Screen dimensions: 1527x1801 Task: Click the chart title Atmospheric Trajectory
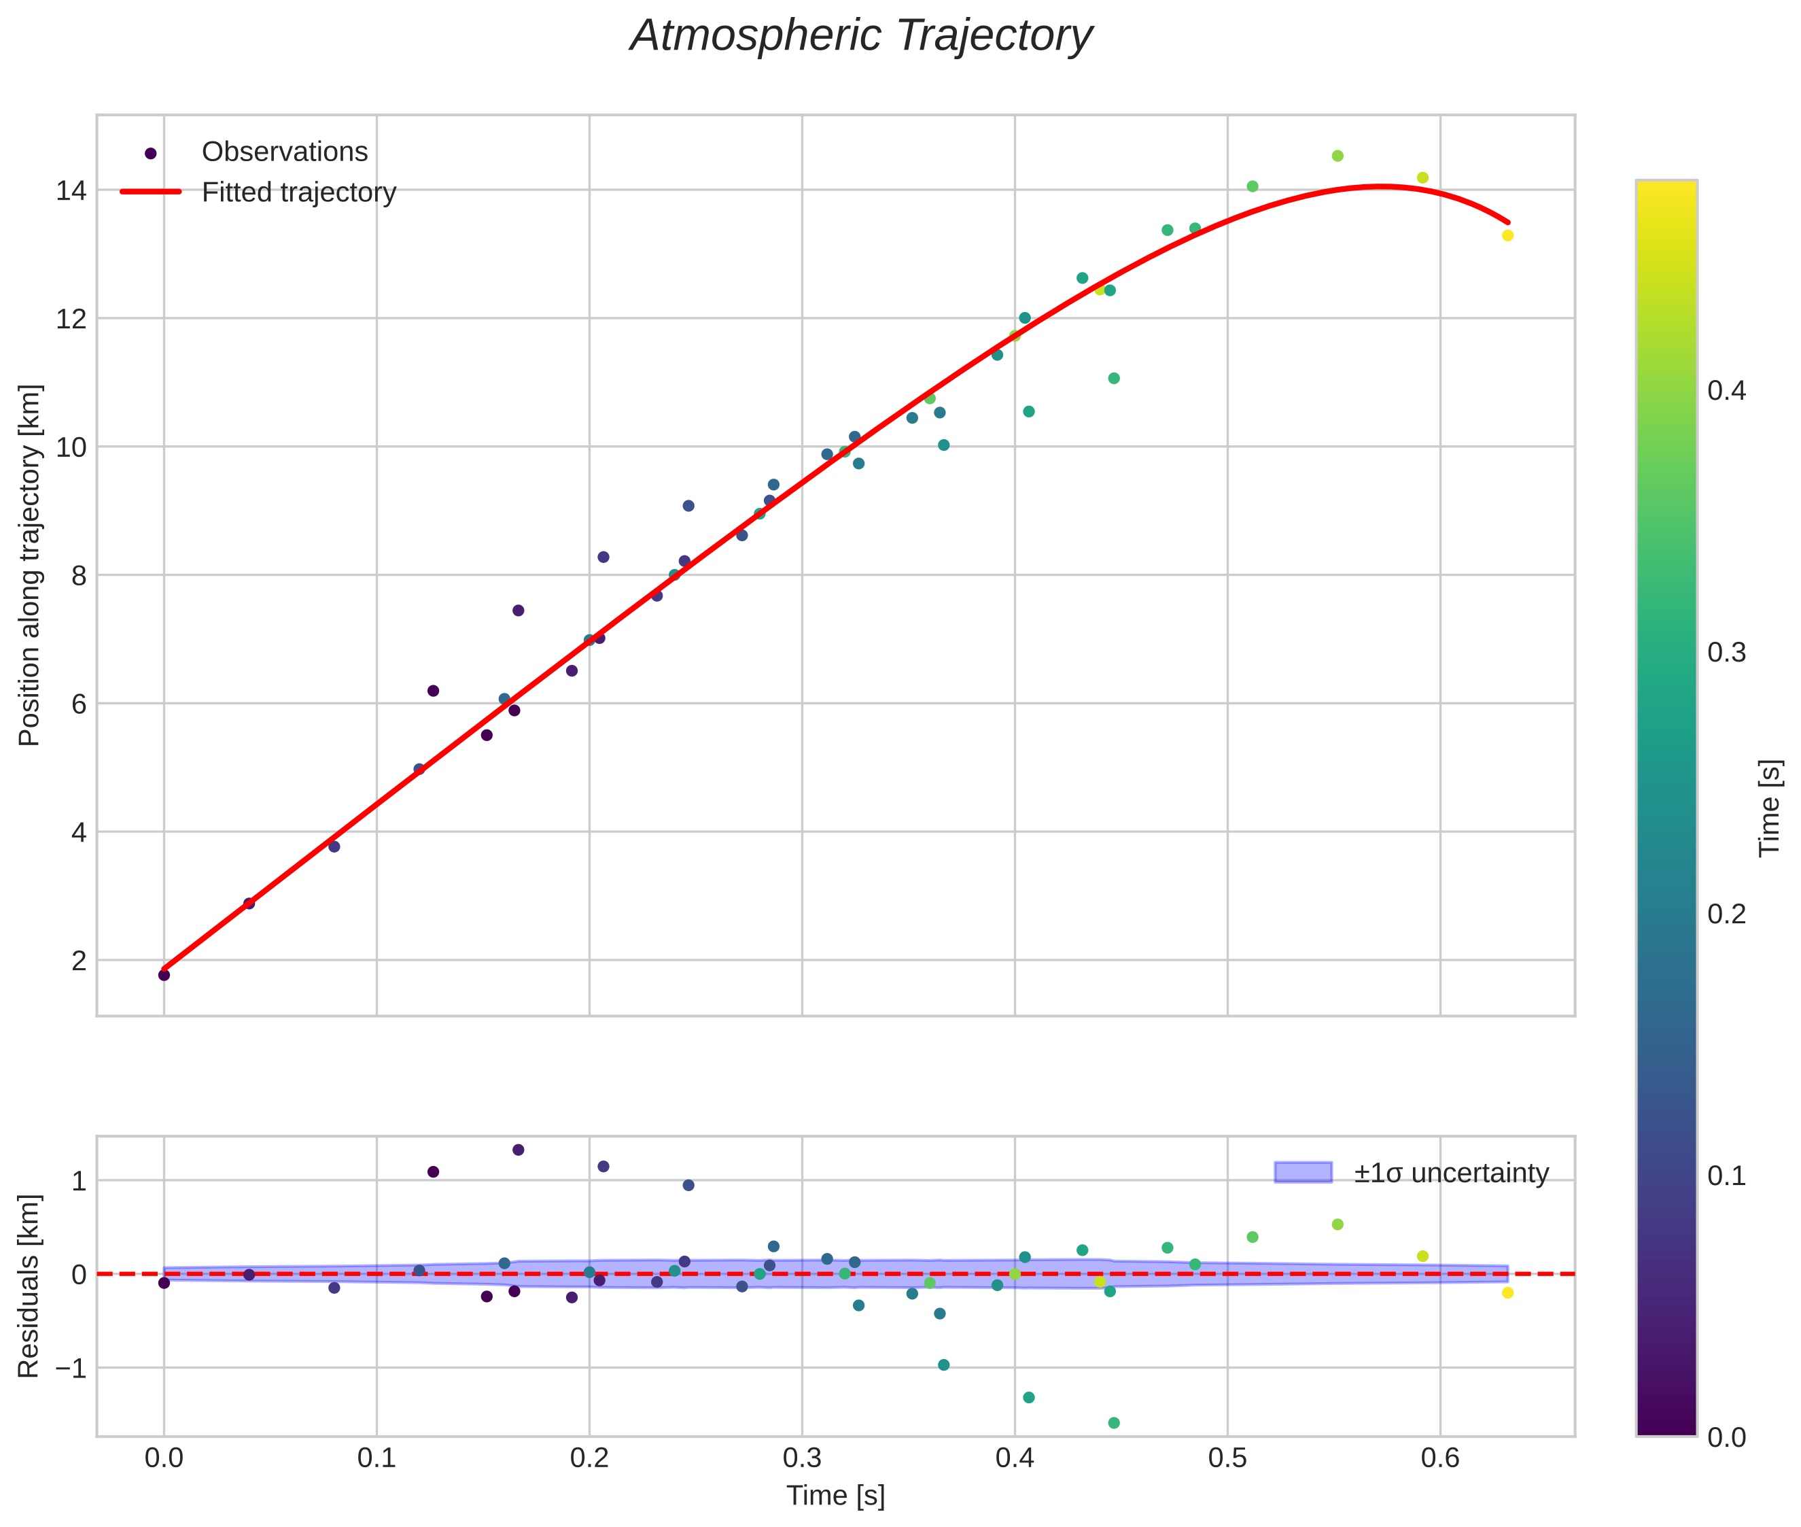click(861, 36)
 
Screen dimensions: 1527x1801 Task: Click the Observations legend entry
click(284, 152)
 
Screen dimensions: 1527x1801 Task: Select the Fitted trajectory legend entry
click(298, 192)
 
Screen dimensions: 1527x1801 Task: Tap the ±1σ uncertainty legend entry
click(1450, 1173)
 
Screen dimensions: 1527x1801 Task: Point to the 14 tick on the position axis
click(72, 190)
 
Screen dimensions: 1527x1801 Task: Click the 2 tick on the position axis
click(80, 961)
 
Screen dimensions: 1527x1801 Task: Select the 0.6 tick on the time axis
click(1439, 1458)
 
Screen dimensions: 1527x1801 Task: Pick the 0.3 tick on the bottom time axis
click(801, 1458)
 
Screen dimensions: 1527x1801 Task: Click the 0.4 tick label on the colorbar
click(1726, 390)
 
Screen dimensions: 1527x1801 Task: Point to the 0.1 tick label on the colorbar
click(1726, 1176)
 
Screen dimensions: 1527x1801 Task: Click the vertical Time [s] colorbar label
click(1770, 808)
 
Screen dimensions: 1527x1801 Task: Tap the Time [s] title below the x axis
click(835, 1496)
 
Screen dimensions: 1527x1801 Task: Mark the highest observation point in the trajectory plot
click(1337, 156)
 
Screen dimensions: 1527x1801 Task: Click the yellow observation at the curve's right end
click(1507, 235)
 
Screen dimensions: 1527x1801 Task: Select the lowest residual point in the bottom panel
click(1114, 1423)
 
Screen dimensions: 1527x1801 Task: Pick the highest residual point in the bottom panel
click(519, 1150)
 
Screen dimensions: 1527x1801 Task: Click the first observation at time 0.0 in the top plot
click(164, 975)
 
